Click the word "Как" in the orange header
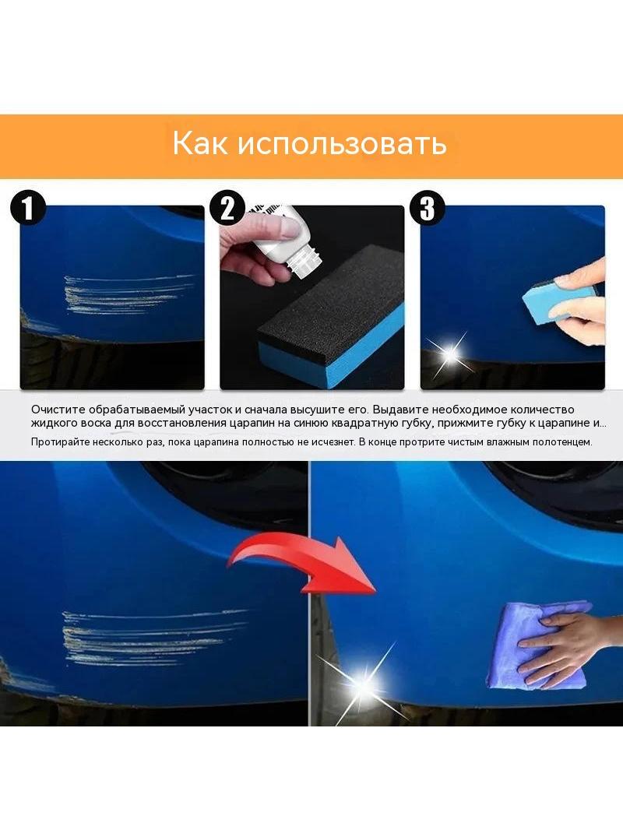click(x=199, y=143)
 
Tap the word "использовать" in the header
click(x=342, y=143)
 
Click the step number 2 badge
click(x=227, y=208)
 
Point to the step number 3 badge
click(x=428, y=208)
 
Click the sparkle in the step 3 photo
click(x=451, y=353)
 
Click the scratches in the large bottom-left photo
click(x=153, y=638)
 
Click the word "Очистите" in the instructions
click(x=58, y=410)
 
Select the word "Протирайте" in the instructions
click(x=60, y=442)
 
